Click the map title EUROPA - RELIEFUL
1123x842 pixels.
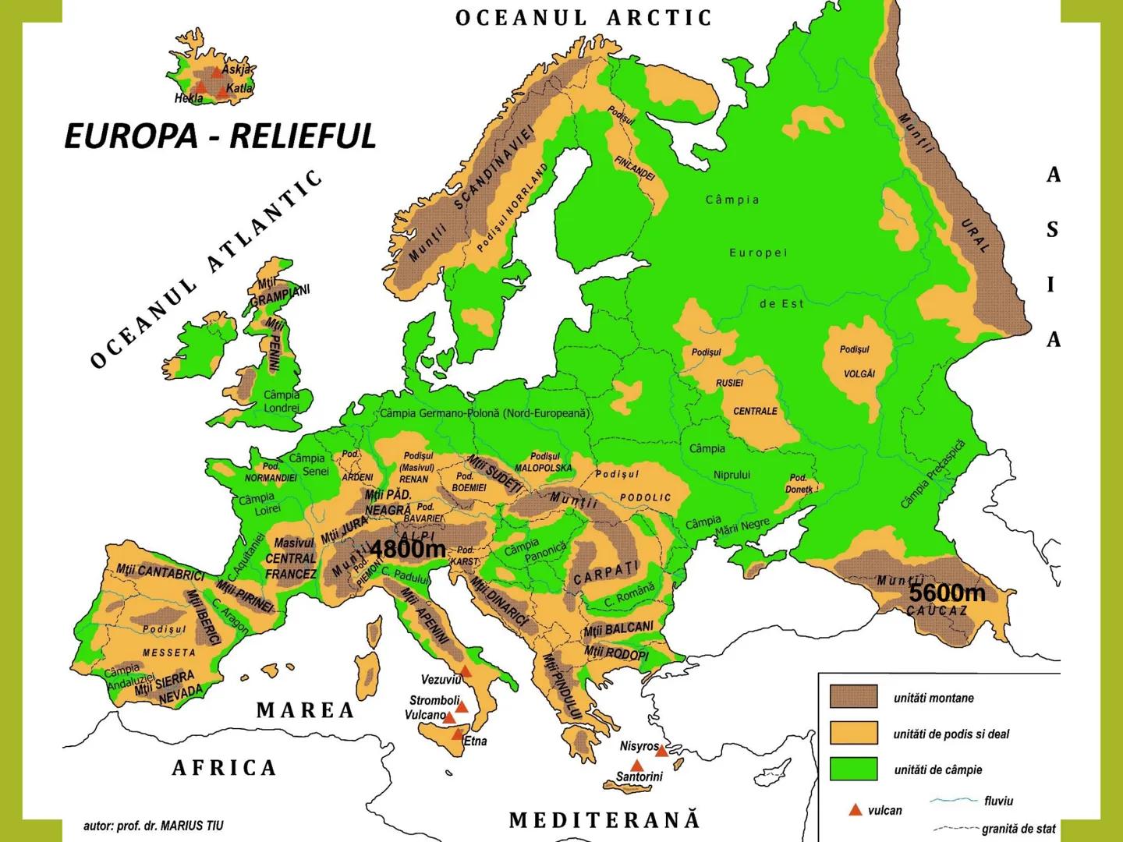click(x=220, y=136)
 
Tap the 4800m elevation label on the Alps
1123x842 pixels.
click(x=407, y=549)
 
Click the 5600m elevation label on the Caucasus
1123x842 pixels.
click(x=947, y=593)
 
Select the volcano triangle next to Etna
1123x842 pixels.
click(x=458, y=734)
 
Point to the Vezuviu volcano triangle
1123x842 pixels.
click(x=466, y=670)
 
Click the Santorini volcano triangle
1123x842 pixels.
click(x=637, y=765)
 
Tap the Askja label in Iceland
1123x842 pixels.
click(x=236, y=69)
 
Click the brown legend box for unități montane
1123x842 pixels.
click(x=853, y=697)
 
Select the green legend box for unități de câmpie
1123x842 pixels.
click(x=853, y=769)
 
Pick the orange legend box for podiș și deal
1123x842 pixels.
click(x=853, y=733)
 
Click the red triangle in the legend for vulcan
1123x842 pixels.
click(x=856, y=810)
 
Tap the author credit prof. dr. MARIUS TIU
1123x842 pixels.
click(x=153, y=825)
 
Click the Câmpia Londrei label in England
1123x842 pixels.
click(x=282, y=402)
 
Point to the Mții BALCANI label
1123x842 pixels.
click(x=618, y=628)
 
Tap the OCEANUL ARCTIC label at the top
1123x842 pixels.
click(x=584, y=18)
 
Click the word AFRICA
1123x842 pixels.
click(x=225, y=768)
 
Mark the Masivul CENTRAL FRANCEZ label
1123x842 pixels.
click(x=292, y=558)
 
